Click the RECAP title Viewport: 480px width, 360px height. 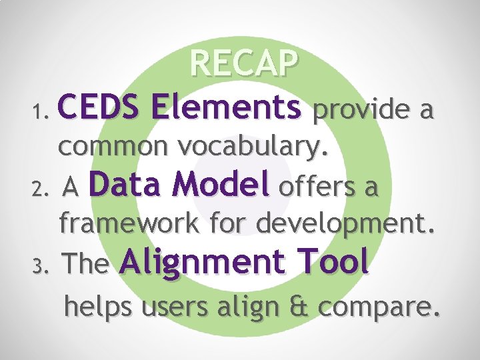(243, 64)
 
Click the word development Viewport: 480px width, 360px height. (347, 226)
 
